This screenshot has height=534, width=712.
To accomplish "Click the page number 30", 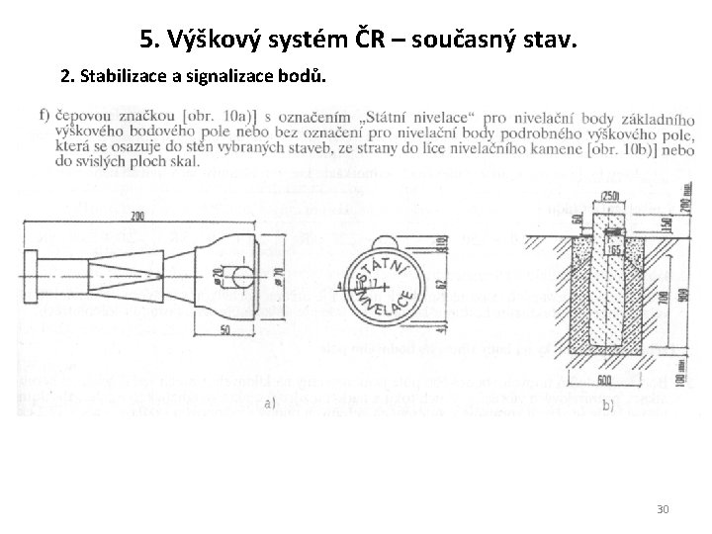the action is click(663, 508).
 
